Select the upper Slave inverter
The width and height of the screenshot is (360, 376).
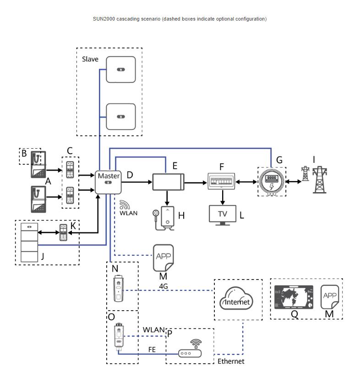click(x=120, y=69)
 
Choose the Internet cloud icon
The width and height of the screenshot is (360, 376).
click(x=237, y=300)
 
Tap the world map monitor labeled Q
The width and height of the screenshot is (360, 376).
click(x=293, y=297)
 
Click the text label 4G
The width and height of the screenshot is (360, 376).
click(x=164, y=285)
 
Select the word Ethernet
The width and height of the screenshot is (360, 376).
click(x=231, y=361)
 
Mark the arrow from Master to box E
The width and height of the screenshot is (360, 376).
click(x=138, y=182)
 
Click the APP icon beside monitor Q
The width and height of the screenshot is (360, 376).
click(x=329, y=297)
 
